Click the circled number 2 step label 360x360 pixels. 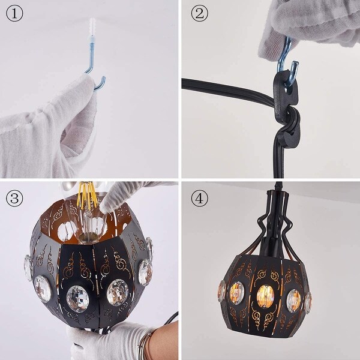[x=199, y=14]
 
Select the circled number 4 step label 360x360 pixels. [x=199, y=197]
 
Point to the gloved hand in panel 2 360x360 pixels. [x=312, y=24]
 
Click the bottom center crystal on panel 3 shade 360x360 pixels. [x=78, y=298]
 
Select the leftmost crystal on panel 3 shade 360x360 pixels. [x=28, y=268]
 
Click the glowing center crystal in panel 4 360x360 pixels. [x=265, y=295]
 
